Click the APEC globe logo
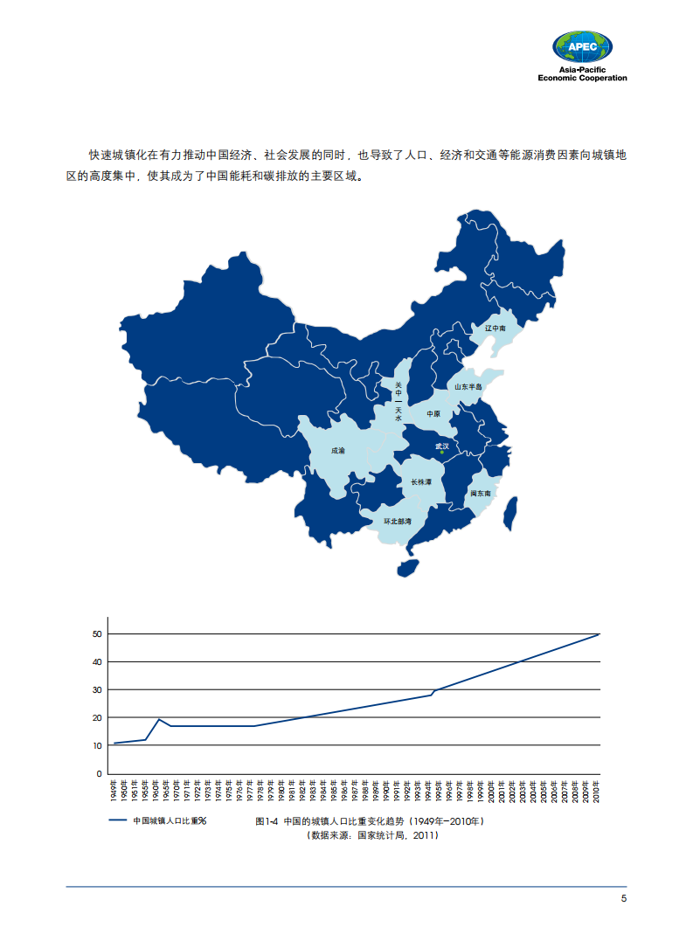582,46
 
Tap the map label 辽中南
495,329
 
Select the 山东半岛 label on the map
468,386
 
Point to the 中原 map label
433,413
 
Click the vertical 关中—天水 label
398,401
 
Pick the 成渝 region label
337,451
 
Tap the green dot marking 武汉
442,452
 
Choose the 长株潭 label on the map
421,481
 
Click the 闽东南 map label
481,494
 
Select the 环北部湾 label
398,522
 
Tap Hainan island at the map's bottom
407,568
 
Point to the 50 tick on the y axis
98,633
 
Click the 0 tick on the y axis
100,773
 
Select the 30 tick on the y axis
98,689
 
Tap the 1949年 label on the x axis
114,791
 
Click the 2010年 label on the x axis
598,791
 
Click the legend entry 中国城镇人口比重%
157,820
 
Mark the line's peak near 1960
159,719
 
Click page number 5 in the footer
623,899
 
